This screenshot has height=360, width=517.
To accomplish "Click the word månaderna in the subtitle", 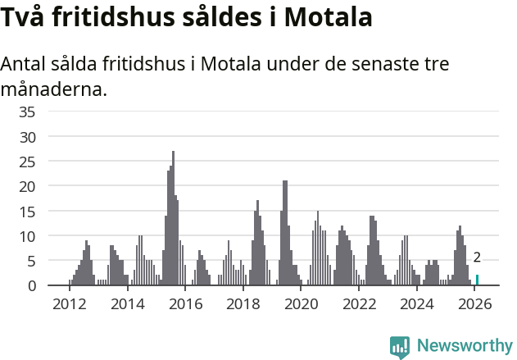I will [53, 89].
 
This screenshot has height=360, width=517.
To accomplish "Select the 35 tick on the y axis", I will [27, 112].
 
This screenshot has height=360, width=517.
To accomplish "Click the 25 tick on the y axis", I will [27, 162].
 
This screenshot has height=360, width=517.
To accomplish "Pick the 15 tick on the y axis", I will [27, 212].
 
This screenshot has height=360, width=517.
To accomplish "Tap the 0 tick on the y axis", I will [31, 286].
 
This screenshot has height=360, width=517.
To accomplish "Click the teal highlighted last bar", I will [478, 280].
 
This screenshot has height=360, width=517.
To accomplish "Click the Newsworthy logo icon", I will [400, 346].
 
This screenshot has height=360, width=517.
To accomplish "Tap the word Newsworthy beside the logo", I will [464, 346].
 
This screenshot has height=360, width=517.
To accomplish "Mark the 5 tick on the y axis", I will [31, 262].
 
